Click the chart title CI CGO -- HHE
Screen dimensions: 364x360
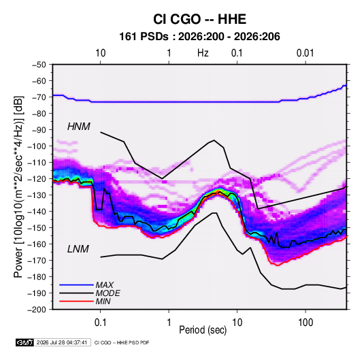(x=199, y=19)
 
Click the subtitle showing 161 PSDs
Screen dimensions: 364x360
(x=199, y=37)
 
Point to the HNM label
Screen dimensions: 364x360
(x=79, y=127)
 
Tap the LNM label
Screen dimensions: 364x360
(x=78, y=249)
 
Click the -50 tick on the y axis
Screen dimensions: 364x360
(x=39, y=65)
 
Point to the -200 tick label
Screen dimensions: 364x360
(x=37, y=310)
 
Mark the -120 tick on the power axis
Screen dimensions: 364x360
(x=37, y=179)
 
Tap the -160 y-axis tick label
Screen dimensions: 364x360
(x=37, y=244)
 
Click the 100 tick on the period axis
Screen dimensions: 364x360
(x=305, y=323)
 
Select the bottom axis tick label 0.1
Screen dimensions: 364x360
(x=100, y=323)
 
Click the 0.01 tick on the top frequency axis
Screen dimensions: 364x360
(x=305, y=53)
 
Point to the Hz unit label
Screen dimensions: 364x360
(x=203, y=53)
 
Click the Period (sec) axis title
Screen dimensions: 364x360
(x=203, y=330)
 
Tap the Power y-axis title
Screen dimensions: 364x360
(x=18, y=186)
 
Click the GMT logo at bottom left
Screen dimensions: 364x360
(x=24, y=342)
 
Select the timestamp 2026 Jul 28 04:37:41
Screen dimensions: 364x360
(x=62, y=342)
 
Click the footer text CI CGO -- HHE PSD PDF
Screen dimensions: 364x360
(x=122, y=342)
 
